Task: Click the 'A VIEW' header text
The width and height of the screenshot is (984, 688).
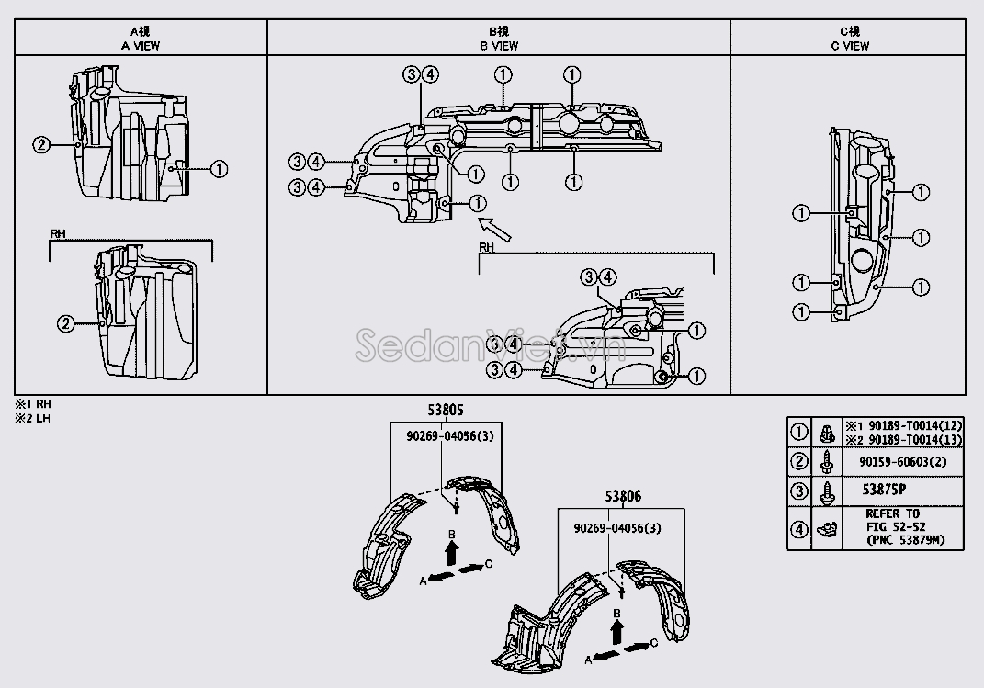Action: point(140,45)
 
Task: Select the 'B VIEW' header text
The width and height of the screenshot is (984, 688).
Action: point(498,45)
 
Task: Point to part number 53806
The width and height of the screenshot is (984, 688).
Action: point(623,497)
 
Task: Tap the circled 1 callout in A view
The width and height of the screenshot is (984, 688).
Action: point(219,168)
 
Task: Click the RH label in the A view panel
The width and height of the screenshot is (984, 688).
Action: point(57,234)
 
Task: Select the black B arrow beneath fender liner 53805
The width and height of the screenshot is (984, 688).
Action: point(451,551)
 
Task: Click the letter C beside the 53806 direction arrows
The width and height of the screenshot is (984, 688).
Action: point(653,642)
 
